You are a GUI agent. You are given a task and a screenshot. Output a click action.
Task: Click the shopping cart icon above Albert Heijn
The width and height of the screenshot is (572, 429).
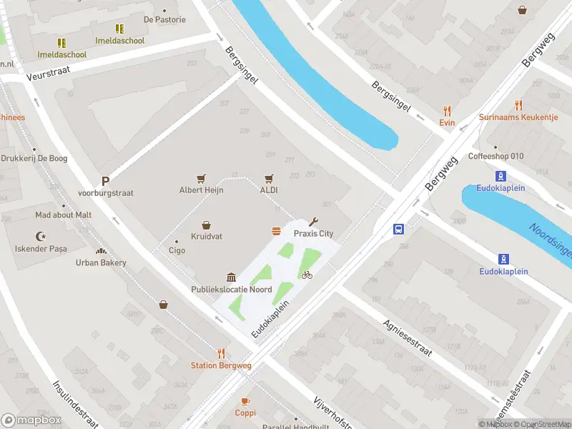pyautogui.click(x=201, y=178)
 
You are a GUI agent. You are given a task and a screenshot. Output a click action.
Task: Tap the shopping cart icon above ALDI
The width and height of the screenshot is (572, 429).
pyautogui.click(x=269, y=178)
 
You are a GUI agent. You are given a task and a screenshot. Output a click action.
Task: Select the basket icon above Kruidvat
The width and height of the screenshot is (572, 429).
pyautogui.click(x=206, y=225)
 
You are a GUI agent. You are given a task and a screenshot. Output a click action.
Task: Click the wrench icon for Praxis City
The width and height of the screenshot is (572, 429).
pyautogui.click(x=313, y=222)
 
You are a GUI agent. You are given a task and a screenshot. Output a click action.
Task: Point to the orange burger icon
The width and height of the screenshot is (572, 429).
pyautogui.click(x=276, y=230)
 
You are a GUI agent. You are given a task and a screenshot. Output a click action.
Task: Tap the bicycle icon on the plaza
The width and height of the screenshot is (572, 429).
pyautogui.click(x=307, y=275)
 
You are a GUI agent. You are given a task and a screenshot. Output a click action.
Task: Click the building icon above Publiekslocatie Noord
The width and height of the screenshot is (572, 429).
pyautogui.click(x=231, y=277)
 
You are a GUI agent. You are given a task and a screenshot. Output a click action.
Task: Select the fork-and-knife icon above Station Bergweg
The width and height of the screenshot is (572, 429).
pyautogui.click(x=221, y=353)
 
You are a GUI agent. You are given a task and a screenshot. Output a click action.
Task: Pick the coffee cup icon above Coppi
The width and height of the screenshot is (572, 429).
pyautogui.click(x=245, y=401)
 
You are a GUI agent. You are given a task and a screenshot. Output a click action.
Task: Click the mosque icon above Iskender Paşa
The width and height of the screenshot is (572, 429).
pyautogui.click(x=41, y=237)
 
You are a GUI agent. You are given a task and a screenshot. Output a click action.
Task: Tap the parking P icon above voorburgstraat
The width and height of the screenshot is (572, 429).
pyautogui.click(x=105, y=182)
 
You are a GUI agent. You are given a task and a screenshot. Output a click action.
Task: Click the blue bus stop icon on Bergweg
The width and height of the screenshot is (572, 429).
pyautogui.click(x=398, y=230)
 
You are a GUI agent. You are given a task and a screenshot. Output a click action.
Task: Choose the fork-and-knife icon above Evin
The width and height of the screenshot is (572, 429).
pyautogui.click(x=448, y=111)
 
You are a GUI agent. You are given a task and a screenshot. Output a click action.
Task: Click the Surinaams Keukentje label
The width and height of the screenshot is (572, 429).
pyautogui.click(x=518, y=117)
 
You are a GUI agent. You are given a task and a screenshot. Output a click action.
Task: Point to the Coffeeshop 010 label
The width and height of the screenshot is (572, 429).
pyautogui.click(x=495, y=157)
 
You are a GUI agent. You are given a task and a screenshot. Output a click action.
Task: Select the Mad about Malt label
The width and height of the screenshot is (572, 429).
pyautogui.click(x=64, y=214)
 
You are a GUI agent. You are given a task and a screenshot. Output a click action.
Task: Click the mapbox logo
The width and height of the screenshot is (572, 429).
pyautogui.click(x=30, y=420)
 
